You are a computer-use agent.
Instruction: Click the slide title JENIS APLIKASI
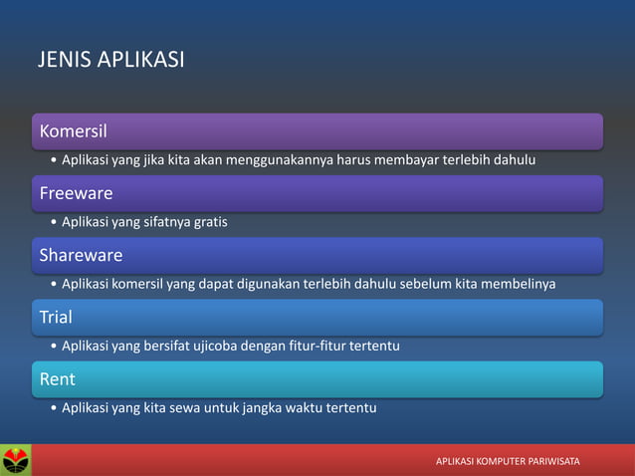(110, 60)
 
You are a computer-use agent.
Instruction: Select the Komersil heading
(73, 130)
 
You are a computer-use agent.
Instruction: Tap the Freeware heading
(76, 192)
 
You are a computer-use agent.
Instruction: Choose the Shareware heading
(81, 255)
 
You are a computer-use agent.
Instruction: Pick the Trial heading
(56, 317)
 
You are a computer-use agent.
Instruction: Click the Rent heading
(57, 378)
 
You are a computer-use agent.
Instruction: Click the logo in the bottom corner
(16, 460)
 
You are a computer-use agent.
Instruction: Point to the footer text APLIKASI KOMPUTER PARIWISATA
(508, 462)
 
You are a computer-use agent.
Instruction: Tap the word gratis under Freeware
(206, 222)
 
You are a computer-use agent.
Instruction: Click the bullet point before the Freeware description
(52, 222)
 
